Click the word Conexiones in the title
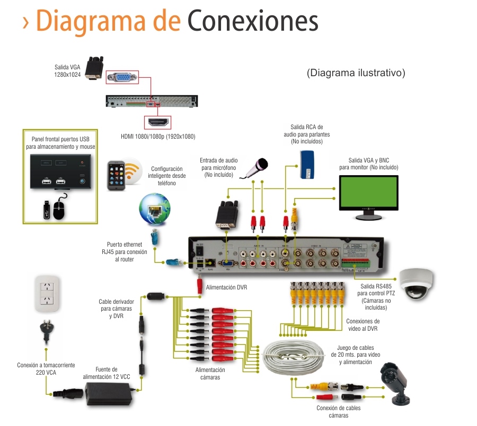coord(253,21)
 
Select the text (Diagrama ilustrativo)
coord(356,73)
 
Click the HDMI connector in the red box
coord(158,122)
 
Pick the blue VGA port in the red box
coord(122,78)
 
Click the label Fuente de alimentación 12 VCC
coord(107,373)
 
